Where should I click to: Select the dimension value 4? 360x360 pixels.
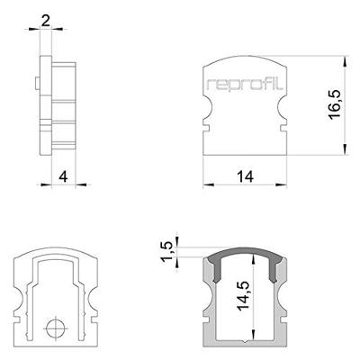click(x=62, y=176)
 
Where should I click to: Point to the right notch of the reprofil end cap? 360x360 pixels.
click(x=282, y=117)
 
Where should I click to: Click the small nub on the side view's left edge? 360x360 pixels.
click(x=35, y=84)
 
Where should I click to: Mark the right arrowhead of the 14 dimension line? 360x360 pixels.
click(x=284, y=187)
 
